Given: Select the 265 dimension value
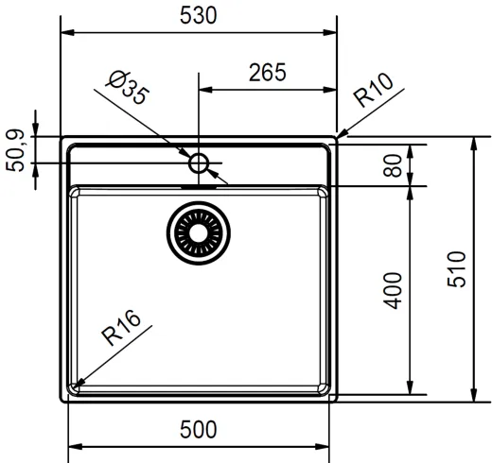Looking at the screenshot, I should pyautogui.click(x=268, y=73).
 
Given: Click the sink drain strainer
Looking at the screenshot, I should pyautogui.click(x=198, y=232).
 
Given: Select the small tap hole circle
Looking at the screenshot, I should pyautogui.click(x=198, y=163).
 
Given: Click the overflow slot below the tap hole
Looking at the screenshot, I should pyautogui.click(x=198, y=186).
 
